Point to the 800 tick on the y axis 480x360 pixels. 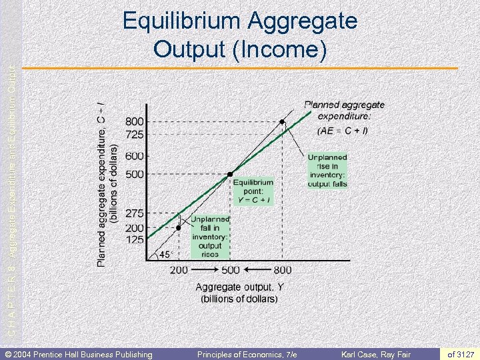(135, 122)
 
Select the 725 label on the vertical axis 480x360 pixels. (135, 135)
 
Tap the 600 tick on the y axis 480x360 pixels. (135, 156)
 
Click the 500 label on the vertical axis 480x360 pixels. (135, 174)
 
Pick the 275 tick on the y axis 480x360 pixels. (135, 214)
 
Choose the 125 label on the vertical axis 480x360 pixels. (135, 239)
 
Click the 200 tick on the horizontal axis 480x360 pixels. (179, 270)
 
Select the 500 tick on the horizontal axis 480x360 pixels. (231, 270)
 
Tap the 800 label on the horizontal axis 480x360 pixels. (282, 270)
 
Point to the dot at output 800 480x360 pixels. (282, 122)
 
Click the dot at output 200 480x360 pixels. (179, 227)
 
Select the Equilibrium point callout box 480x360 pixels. (253, 191)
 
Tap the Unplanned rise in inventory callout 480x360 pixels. (327, 171)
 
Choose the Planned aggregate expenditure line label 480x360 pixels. (344, 117)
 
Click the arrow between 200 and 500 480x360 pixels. (205, 270)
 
